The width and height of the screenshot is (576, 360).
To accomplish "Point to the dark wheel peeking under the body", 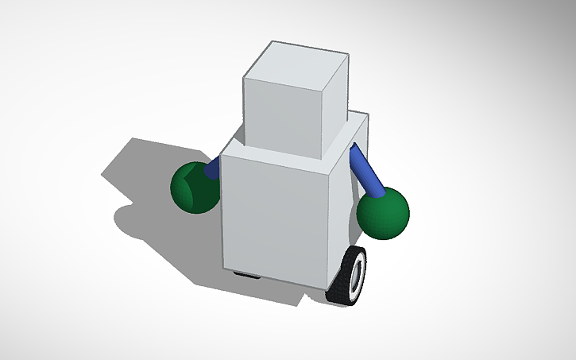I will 249,275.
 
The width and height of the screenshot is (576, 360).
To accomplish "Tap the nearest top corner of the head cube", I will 323,82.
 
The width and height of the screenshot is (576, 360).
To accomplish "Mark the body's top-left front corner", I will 222,153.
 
